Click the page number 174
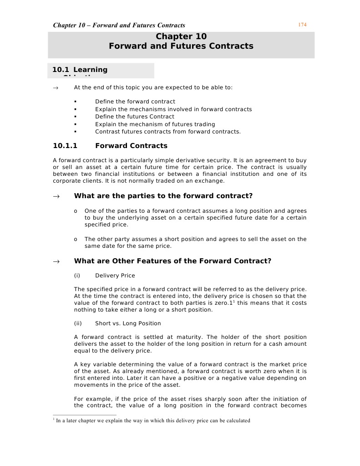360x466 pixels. (x=302, y=25)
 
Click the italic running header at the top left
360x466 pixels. (x=119, y=25)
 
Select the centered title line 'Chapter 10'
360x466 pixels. (x=181, y=36)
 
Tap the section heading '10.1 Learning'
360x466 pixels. (x=80, y=70)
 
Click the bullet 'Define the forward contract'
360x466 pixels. (x=135, y=102)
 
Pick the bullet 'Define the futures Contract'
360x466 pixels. (x=134, y=117)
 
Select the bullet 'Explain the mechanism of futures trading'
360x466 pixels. (x=155, y=124)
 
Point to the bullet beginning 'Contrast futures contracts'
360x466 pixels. (x=167, y=132)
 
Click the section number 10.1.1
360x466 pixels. (x=66, y=146)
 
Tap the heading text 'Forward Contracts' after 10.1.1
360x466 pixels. (x=131, y=146)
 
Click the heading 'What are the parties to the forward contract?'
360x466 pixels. (x=163, y=196)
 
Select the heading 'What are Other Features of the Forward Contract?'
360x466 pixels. (x=172, y=261)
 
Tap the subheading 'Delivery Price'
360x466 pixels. (x=115, y=276)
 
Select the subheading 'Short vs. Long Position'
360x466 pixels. (x=128, y=323)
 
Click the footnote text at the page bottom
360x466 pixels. (x=153, y=420)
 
